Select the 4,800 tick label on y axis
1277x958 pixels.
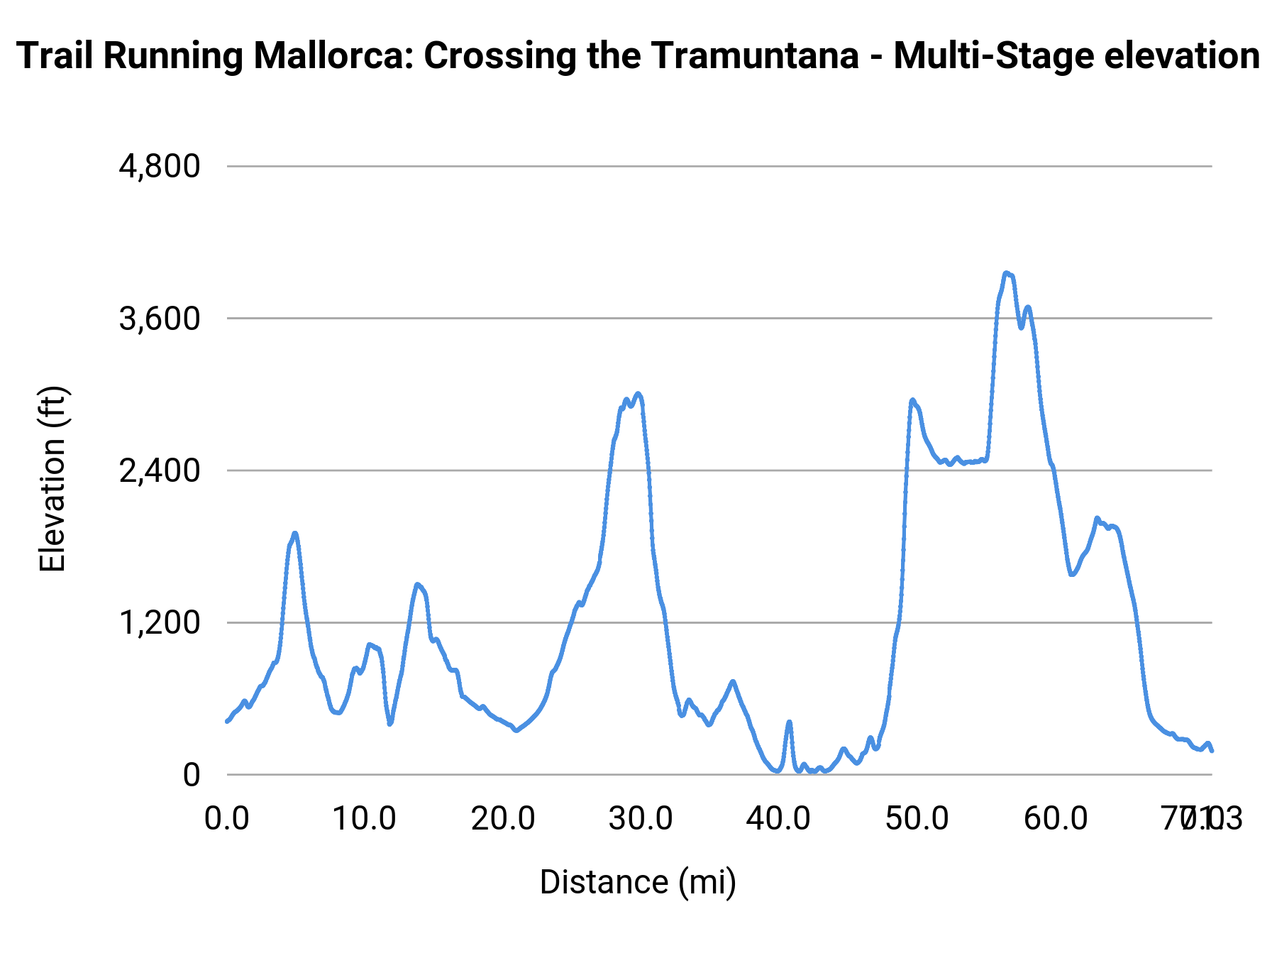pos(160,167)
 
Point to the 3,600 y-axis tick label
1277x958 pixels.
pos(160,319)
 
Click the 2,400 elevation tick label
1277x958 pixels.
pos(160,470)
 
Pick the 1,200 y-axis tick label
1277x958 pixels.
pos(160,623)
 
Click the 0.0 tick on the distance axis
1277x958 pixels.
pos(226,818)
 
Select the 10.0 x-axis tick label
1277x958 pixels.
pos(365,818)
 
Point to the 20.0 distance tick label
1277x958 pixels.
pos(503,818)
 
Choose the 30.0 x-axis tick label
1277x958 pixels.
pos(641,818)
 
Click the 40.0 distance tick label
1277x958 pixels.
pos(779,818)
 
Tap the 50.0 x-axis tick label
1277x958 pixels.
pos(917,818)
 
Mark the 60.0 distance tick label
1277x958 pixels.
pos(1056,818)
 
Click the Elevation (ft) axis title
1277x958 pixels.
pos(52,479)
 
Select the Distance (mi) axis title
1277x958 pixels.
pos(638,882)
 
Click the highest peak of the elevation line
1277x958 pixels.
pos(1006,272)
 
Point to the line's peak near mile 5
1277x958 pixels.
pos(294,533)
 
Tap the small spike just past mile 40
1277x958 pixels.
pos(789,722)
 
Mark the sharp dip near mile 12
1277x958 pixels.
pos(389,724)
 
